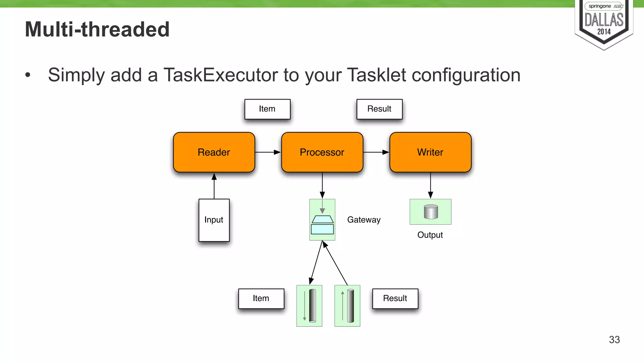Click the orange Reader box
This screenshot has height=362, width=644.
(214, 152)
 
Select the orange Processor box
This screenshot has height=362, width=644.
(322, 152)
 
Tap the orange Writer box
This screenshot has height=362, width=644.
(430, 152)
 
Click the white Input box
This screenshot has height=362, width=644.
(214, 220)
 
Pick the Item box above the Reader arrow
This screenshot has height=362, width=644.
(267, 109)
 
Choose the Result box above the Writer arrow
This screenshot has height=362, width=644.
(379, 109)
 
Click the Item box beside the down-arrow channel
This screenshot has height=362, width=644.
(261, 299)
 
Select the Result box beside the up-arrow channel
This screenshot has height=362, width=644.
(395, 299)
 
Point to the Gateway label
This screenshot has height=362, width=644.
(364, 220)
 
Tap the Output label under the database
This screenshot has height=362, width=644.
(430, 235)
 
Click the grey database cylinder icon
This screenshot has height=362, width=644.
(430, 212)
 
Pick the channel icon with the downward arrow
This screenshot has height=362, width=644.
(309, 306)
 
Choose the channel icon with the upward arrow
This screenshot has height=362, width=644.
(347, 306)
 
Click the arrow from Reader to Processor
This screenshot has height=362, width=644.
(268, 152)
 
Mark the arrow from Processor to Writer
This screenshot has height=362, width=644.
(376, 152)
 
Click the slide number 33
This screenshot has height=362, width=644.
(614, 340)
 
